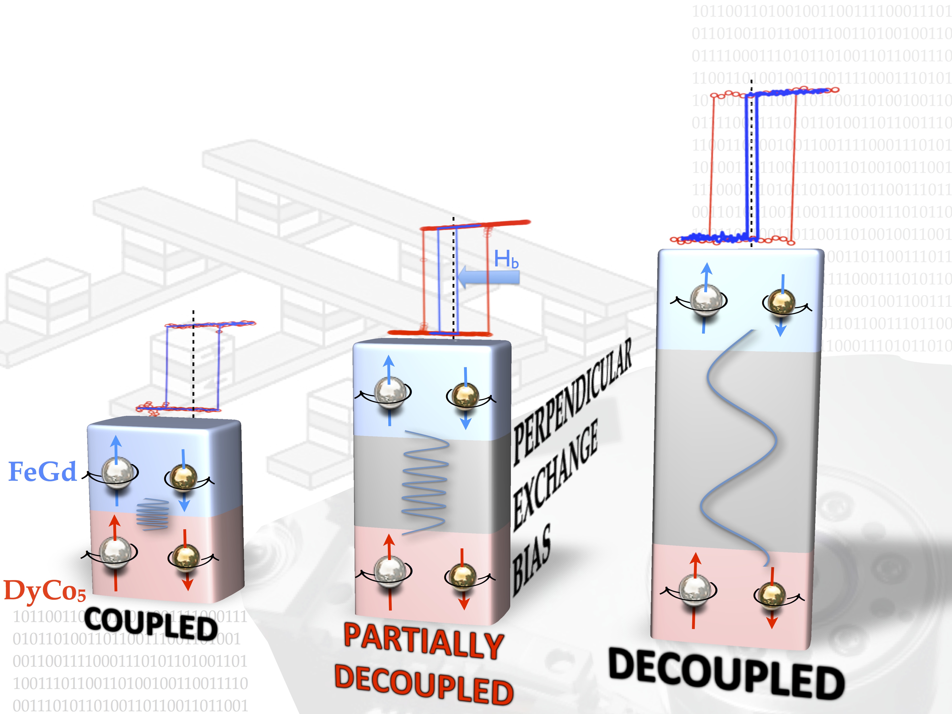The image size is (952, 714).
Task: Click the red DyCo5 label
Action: [45, 590]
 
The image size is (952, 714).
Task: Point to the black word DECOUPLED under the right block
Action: [726, 674]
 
